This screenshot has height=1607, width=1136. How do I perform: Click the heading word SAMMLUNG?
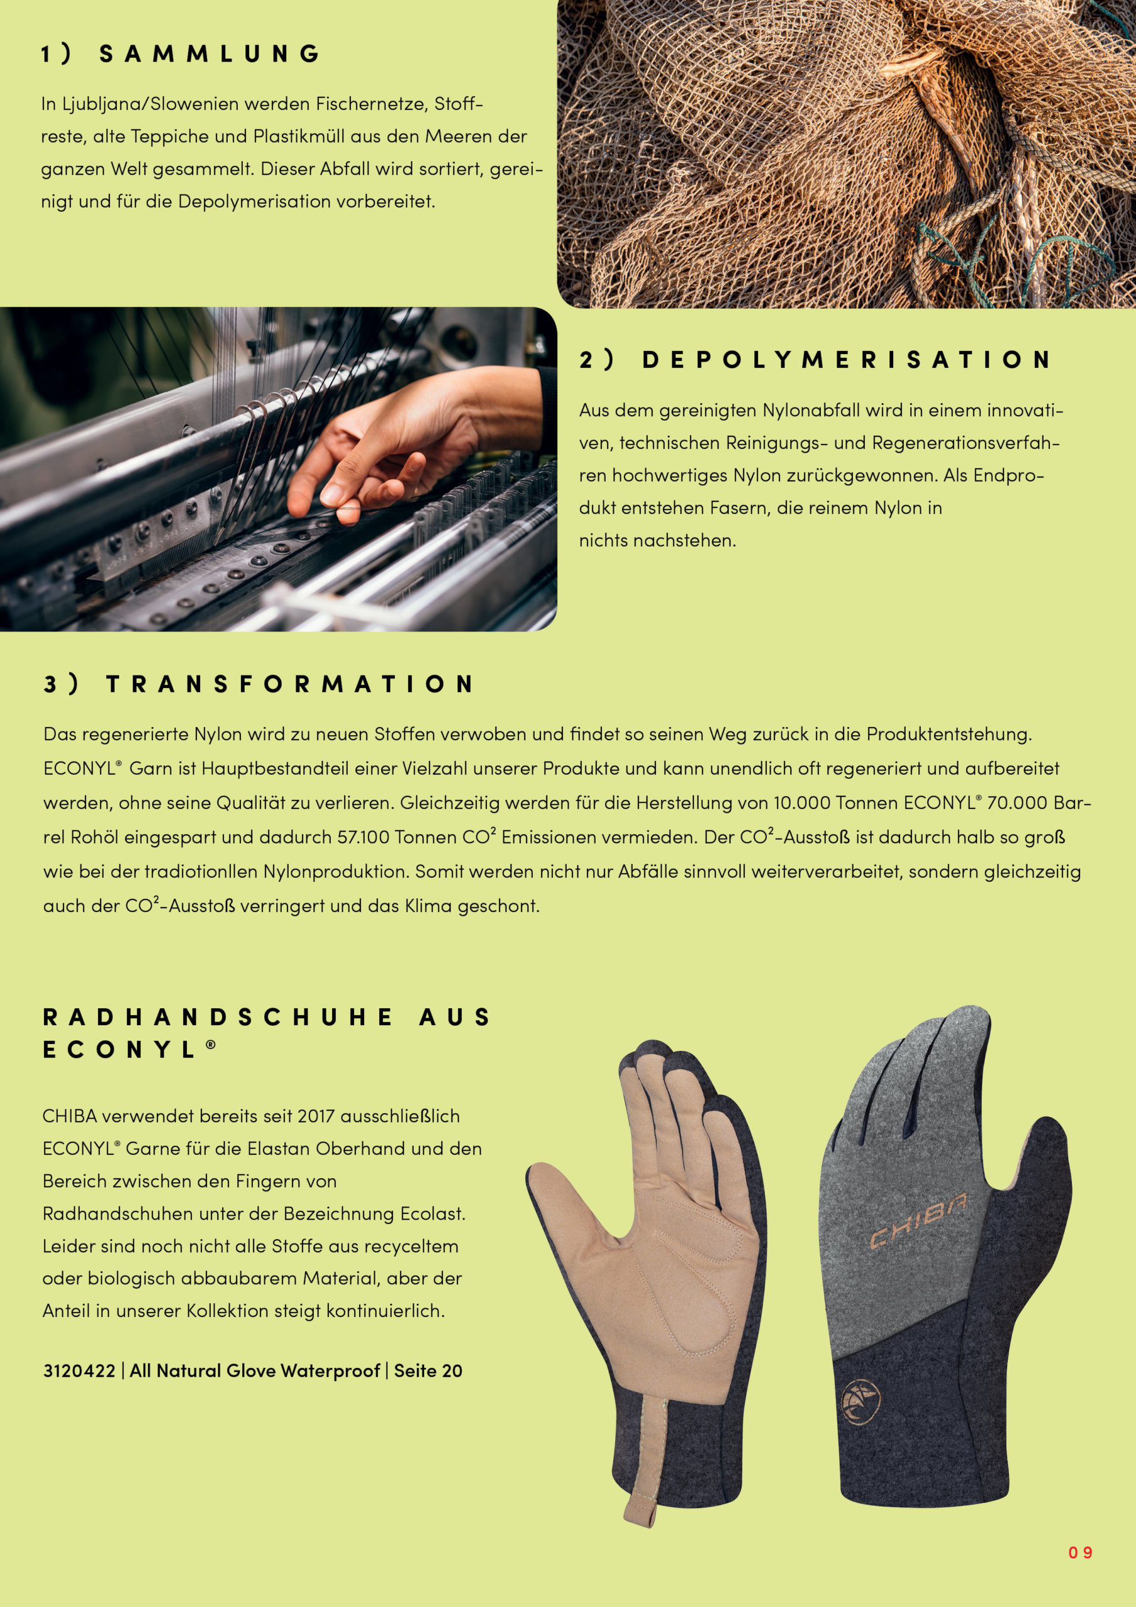(x=209, y=54)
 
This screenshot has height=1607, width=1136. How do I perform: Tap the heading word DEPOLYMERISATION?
(x=846, y=360)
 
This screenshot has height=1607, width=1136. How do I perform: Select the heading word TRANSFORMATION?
(x=290, y=684)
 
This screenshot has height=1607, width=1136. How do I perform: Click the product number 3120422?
(x=79, y=1370)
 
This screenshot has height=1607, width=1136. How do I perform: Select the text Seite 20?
(x=427, y=1370)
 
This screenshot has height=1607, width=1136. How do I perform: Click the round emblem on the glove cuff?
(x=862, y=1402)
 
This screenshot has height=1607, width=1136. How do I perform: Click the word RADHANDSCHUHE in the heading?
(x=218, y=1017)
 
